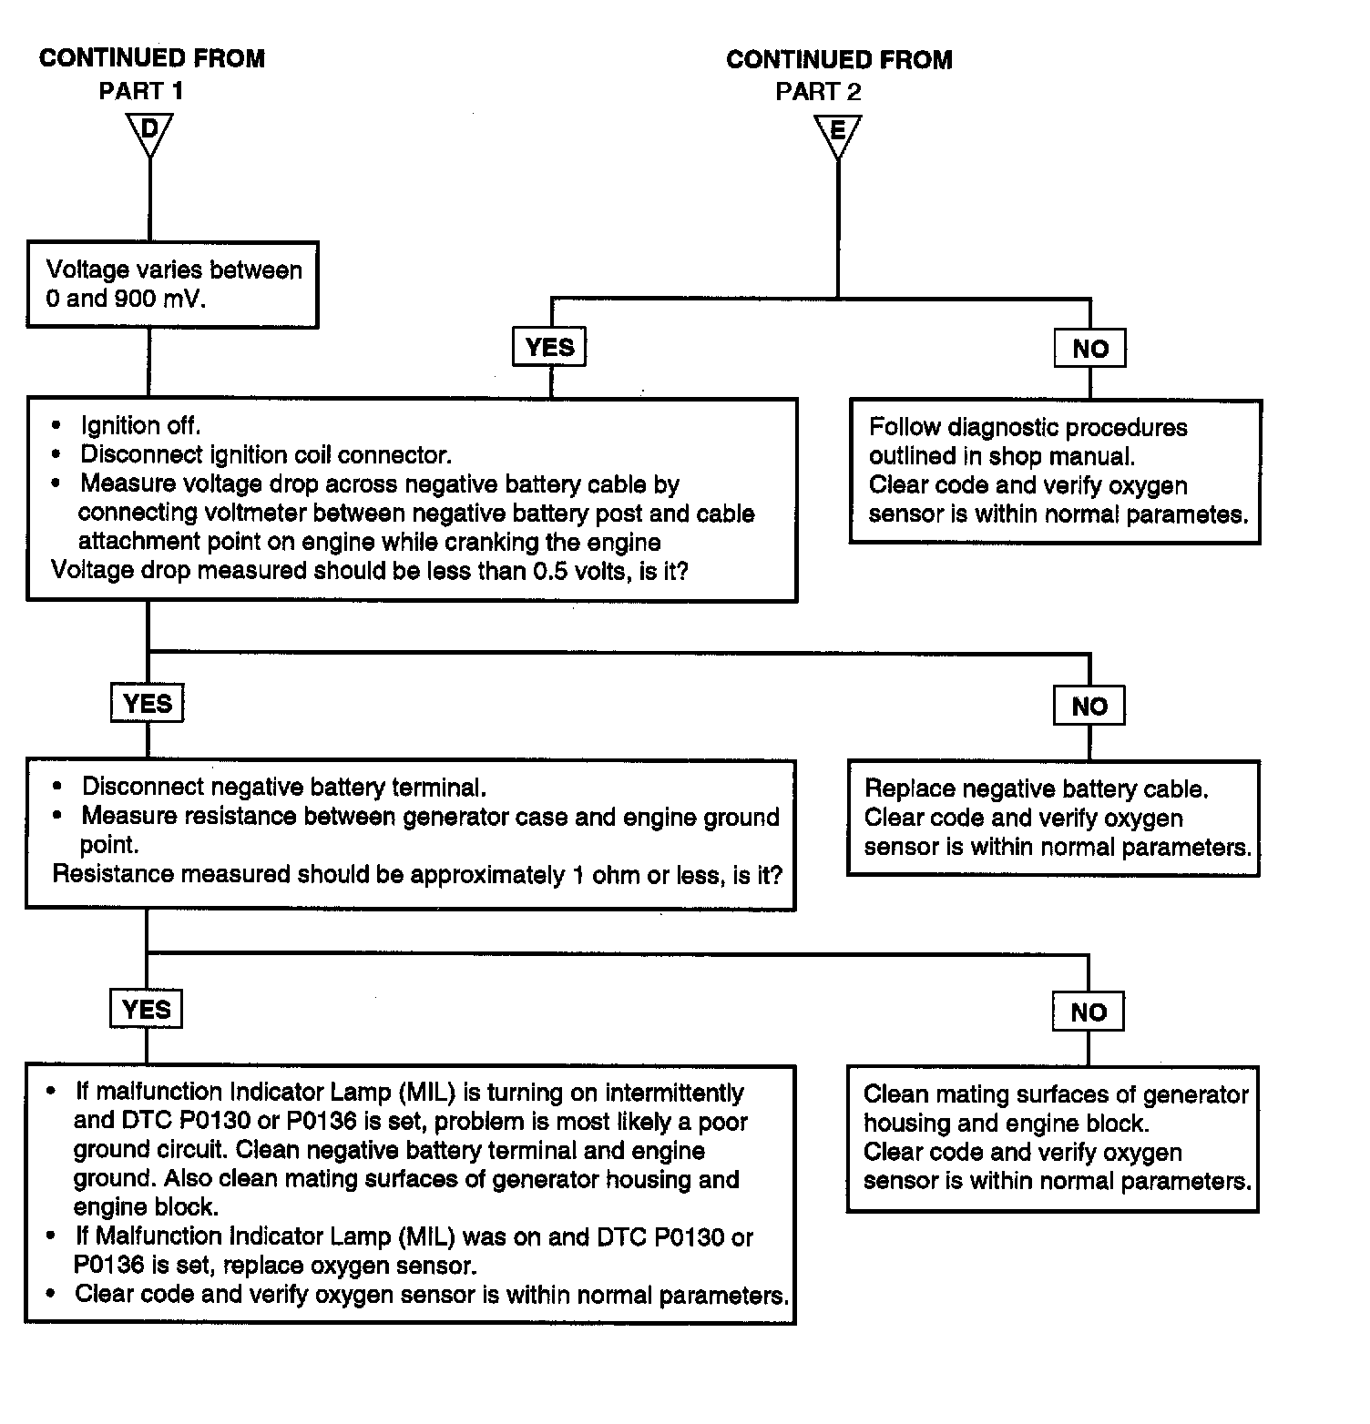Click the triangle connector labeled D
[x=149, y=134]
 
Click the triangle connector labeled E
[x=837, y=134]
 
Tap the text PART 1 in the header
[x=141, y=91]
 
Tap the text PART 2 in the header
[x=818, y=91]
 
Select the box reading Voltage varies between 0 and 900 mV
[x=172, y=284]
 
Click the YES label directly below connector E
[x=550, y=347]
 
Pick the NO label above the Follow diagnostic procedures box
[x=1089, y=348]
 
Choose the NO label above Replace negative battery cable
[x=1089, y=706]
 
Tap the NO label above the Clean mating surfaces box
[x=1088, y=1012]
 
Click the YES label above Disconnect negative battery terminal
[x=147, y=703]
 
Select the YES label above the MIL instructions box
[x=146, y=1009]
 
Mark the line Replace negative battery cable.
[x=1037, y=788]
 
